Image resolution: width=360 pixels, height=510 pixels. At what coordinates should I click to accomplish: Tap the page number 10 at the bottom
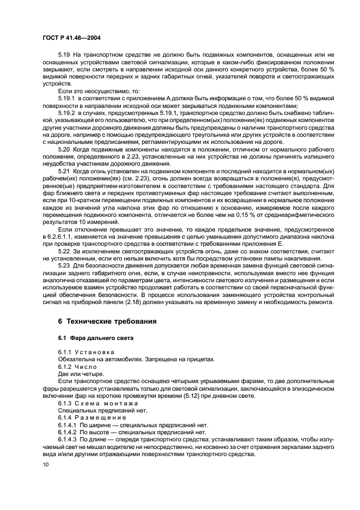(45, 464)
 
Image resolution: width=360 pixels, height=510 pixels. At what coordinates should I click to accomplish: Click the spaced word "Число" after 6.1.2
(90, 367)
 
